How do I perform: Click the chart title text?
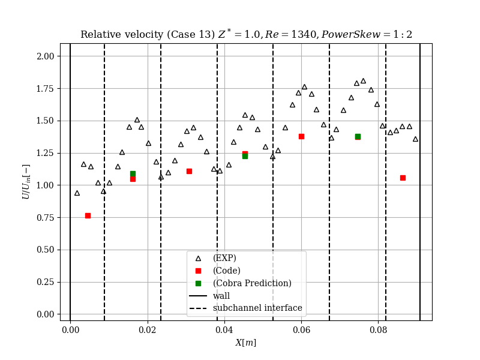[246, 34]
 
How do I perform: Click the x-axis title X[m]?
[245, 343]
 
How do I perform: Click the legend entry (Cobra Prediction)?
[252, 283]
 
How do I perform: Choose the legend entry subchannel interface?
[257, 308]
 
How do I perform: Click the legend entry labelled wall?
[221, 296]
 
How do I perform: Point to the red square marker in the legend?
[198, 271]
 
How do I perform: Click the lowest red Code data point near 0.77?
[88, 215]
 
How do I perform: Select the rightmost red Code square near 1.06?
[403, 178]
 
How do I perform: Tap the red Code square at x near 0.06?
[301, 136]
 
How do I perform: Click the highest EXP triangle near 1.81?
[363, 81]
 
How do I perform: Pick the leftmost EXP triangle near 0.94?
[77, 193]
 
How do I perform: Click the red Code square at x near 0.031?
[189, 171]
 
